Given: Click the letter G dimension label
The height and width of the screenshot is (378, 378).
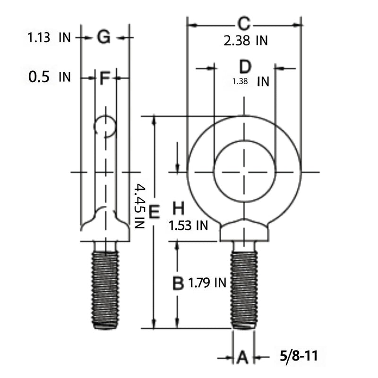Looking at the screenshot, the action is click(104, 37).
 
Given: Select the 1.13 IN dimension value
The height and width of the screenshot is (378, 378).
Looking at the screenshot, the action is click(49, 38).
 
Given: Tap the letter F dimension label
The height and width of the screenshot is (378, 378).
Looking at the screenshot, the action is click(105, 78).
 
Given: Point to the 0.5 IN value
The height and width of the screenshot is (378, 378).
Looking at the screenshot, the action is click(50, 77).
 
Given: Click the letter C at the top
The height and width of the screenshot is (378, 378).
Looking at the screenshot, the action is click(244, 24).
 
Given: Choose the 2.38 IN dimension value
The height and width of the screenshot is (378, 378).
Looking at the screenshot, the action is click(246, 41).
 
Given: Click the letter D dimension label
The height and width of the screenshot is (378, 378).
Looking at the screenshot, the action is click(245, 67).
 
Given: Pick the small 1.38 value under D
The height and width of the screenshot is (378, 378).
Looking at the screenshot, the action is click(240, 81).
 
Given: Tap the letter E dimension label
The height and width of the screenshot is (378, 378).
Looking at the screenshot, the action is click(155, 212).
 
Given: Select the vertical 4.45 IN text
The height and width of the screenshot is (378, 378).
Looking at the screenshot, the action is click(139, 206).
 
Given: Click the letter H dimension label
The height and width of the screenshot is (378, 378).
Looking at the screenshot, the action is click(179, 208).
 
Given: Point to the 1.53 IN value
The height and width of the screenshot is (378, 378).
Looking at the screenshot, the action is click(188, 226).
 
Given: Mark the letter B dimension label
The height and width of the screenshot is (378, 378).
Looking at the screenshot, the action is click(178, 283).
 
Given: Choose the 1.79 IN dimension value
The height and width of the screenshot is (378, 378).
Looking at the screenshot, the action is click(207, 283).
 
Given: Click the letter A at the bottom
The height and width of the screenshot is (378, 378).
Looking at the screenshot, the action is click(243, 357).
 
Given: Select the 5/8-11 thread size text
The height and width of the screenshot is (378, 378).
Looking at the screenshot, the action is click(299, 356).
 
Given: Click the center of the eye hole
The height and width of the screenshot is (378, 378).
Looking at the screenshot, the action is click(244, 172).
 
